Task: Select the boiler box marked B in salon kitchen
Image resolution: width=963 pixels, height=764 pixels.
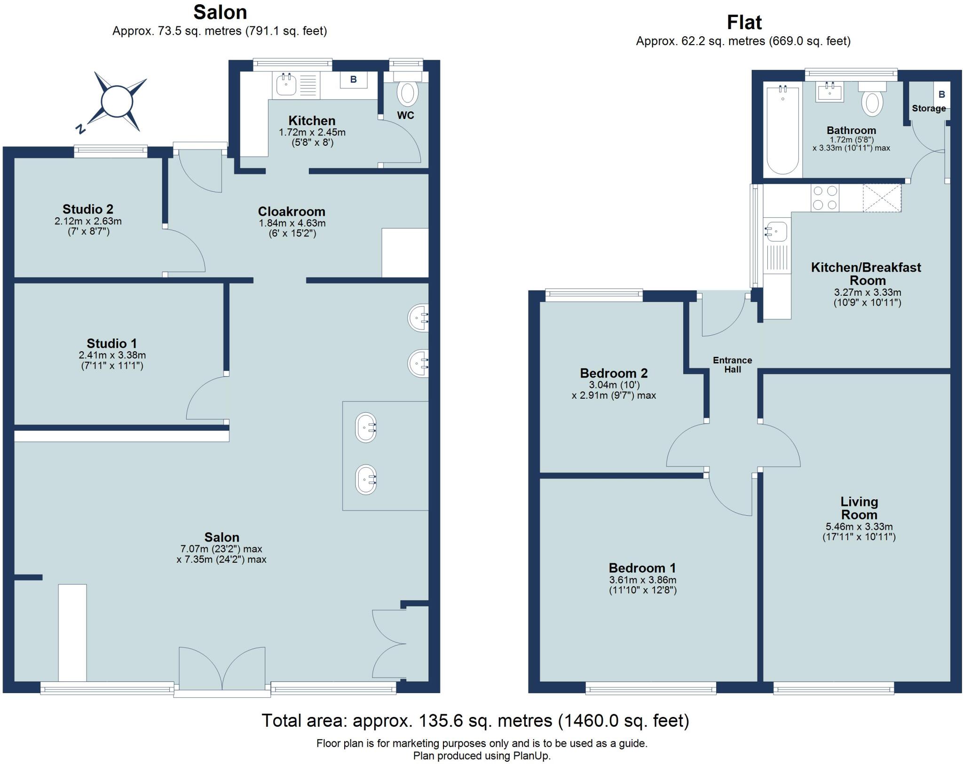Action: [x=353, y=80]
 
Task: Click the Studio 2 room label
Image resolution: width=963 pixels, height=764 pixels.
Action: [x=88, y=209]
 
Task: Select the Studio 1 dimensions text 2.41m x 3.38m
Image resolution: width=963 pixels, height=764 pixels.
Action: [x=112, y=355]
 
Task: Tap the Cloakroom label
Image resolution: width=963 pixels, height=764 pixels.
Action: [x=292, y=212]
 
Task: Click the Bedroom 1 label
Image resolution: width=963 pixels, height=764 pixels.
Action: [x=642, y=567]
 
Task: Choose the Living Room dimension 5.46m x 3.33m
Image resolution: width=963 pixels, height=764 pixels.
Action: [x=859, y=527]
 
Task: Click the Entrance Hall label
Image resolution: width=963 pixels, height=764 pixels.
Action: [x=732, y=365]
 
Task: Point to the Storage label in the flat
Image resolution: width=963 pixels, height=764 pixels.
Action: [x=929, y=109]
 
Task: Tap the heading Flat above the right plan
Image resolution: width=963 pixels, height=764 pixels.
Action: [x=744, y=23]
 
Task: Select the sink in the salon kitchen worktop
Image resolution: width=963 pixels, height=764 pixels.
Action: [x=285, y=86]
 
